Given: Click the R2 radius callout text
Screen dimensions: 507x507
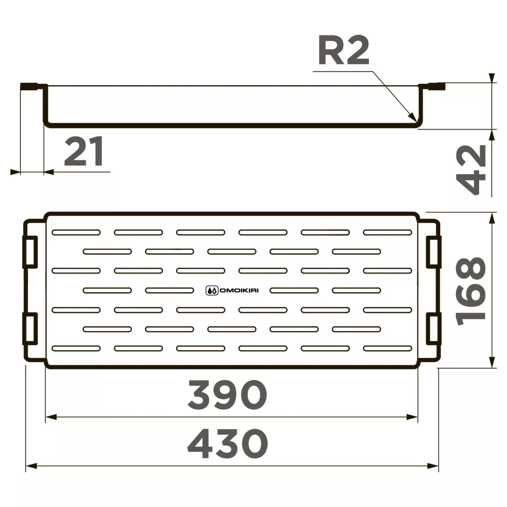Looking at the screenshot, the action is click(x=344, y=52).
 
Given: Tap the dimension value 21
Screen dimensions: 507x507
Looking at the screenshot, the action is click(x=84, y=152).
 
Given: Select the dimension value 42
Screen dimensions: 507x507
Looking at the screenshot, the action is click(x=471, y=170).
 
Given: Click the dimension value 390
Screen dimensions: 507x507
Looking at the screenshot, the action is click(x=227, y=395).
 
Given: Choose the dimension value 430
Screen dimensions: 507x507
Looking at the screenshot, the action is click(x=228, y=444).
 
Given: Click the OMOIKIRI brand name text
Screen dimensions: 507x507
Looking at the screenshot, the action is click(x=239, y=290).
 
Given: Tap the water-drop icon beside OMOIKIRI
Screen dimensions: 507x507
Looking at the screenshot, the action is click(x=212, y=290).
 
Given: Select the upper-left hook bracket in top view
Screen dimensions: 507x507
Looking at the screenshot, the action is click(x=30, y=252).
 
